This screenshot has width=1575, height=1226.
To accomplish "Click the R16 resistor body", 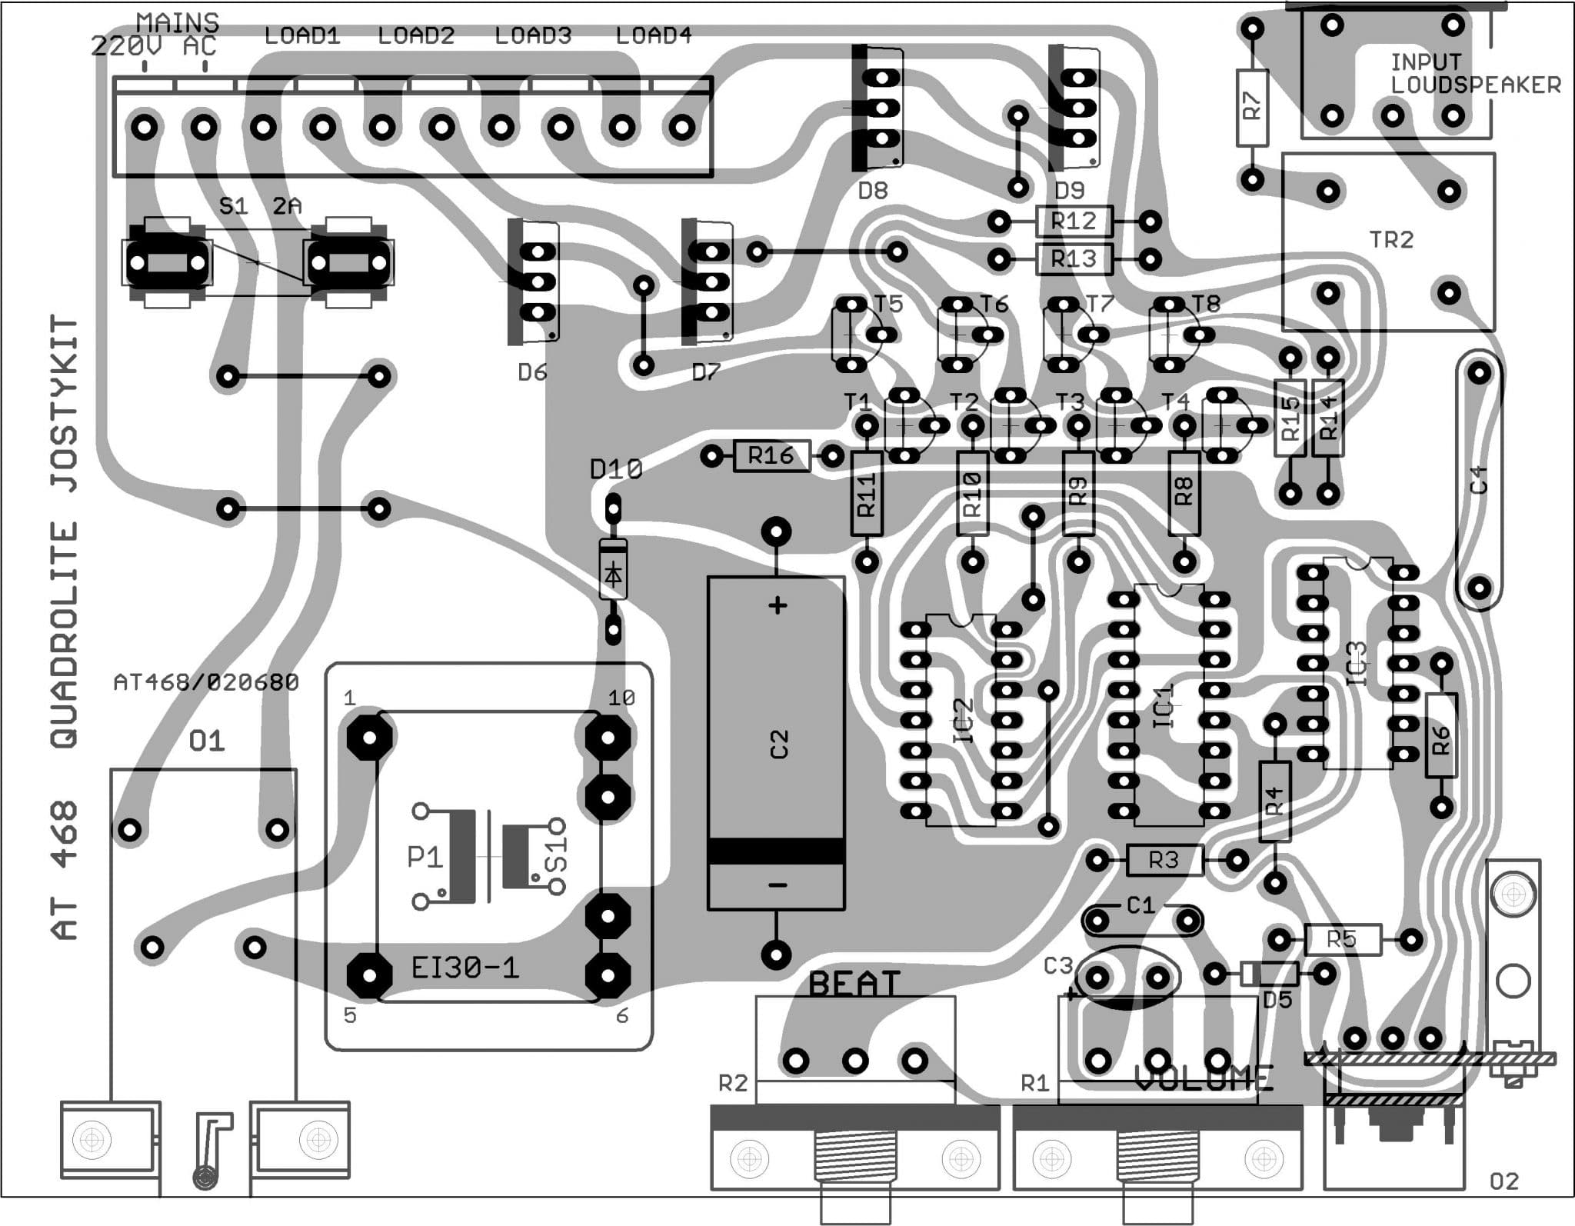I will pos(771,456).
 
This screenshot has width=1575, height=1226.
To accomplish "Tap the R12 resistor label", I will pos(1074,222).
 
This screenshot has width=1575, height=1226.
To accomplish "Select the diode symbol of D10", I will pos(613,574).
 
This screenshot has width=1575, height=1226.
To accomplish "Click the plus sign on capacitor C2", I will pos(778,606).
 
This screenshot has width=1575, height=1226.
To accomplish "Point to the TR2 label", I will pos(1391,240).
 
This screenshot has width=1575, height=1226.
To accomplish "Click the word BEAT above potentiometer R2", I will pos(854,984).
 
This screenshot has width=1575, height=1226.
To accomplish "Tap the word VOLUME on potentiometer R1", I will pos(1204,1079).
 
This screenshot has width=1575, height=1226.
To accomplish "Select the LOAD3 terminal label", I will pos(533,36).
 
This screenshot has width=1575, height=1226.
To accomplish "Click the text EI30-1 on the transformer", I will pos(465,967).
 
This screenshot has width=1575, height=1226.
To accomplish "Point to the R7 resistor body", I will pos(1252,107).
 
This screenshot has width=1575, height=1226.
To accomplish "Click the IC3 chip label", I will pos(1358,663).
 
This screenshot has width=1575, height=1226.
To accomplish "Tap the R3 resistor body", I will pos(1164,860).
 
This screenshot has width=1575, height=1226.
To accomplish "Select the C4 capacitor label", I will pos(1479,479).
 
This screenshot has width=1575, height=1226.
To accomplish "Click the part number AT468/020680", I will pos(206,682).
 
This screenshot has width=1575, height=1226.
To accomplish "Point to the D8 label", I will pos(873,190).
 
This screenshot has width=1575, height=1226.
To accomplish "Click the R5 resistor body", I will pos(1342,939).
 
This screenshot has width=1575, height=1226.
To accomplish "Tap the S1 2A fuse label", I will pos(260,206).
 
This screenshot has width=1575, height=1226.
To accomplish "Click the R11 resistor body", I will pos(866,494).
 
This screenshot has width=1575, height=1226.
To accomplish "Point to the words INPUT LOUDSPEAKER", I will pos(1475,74).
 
